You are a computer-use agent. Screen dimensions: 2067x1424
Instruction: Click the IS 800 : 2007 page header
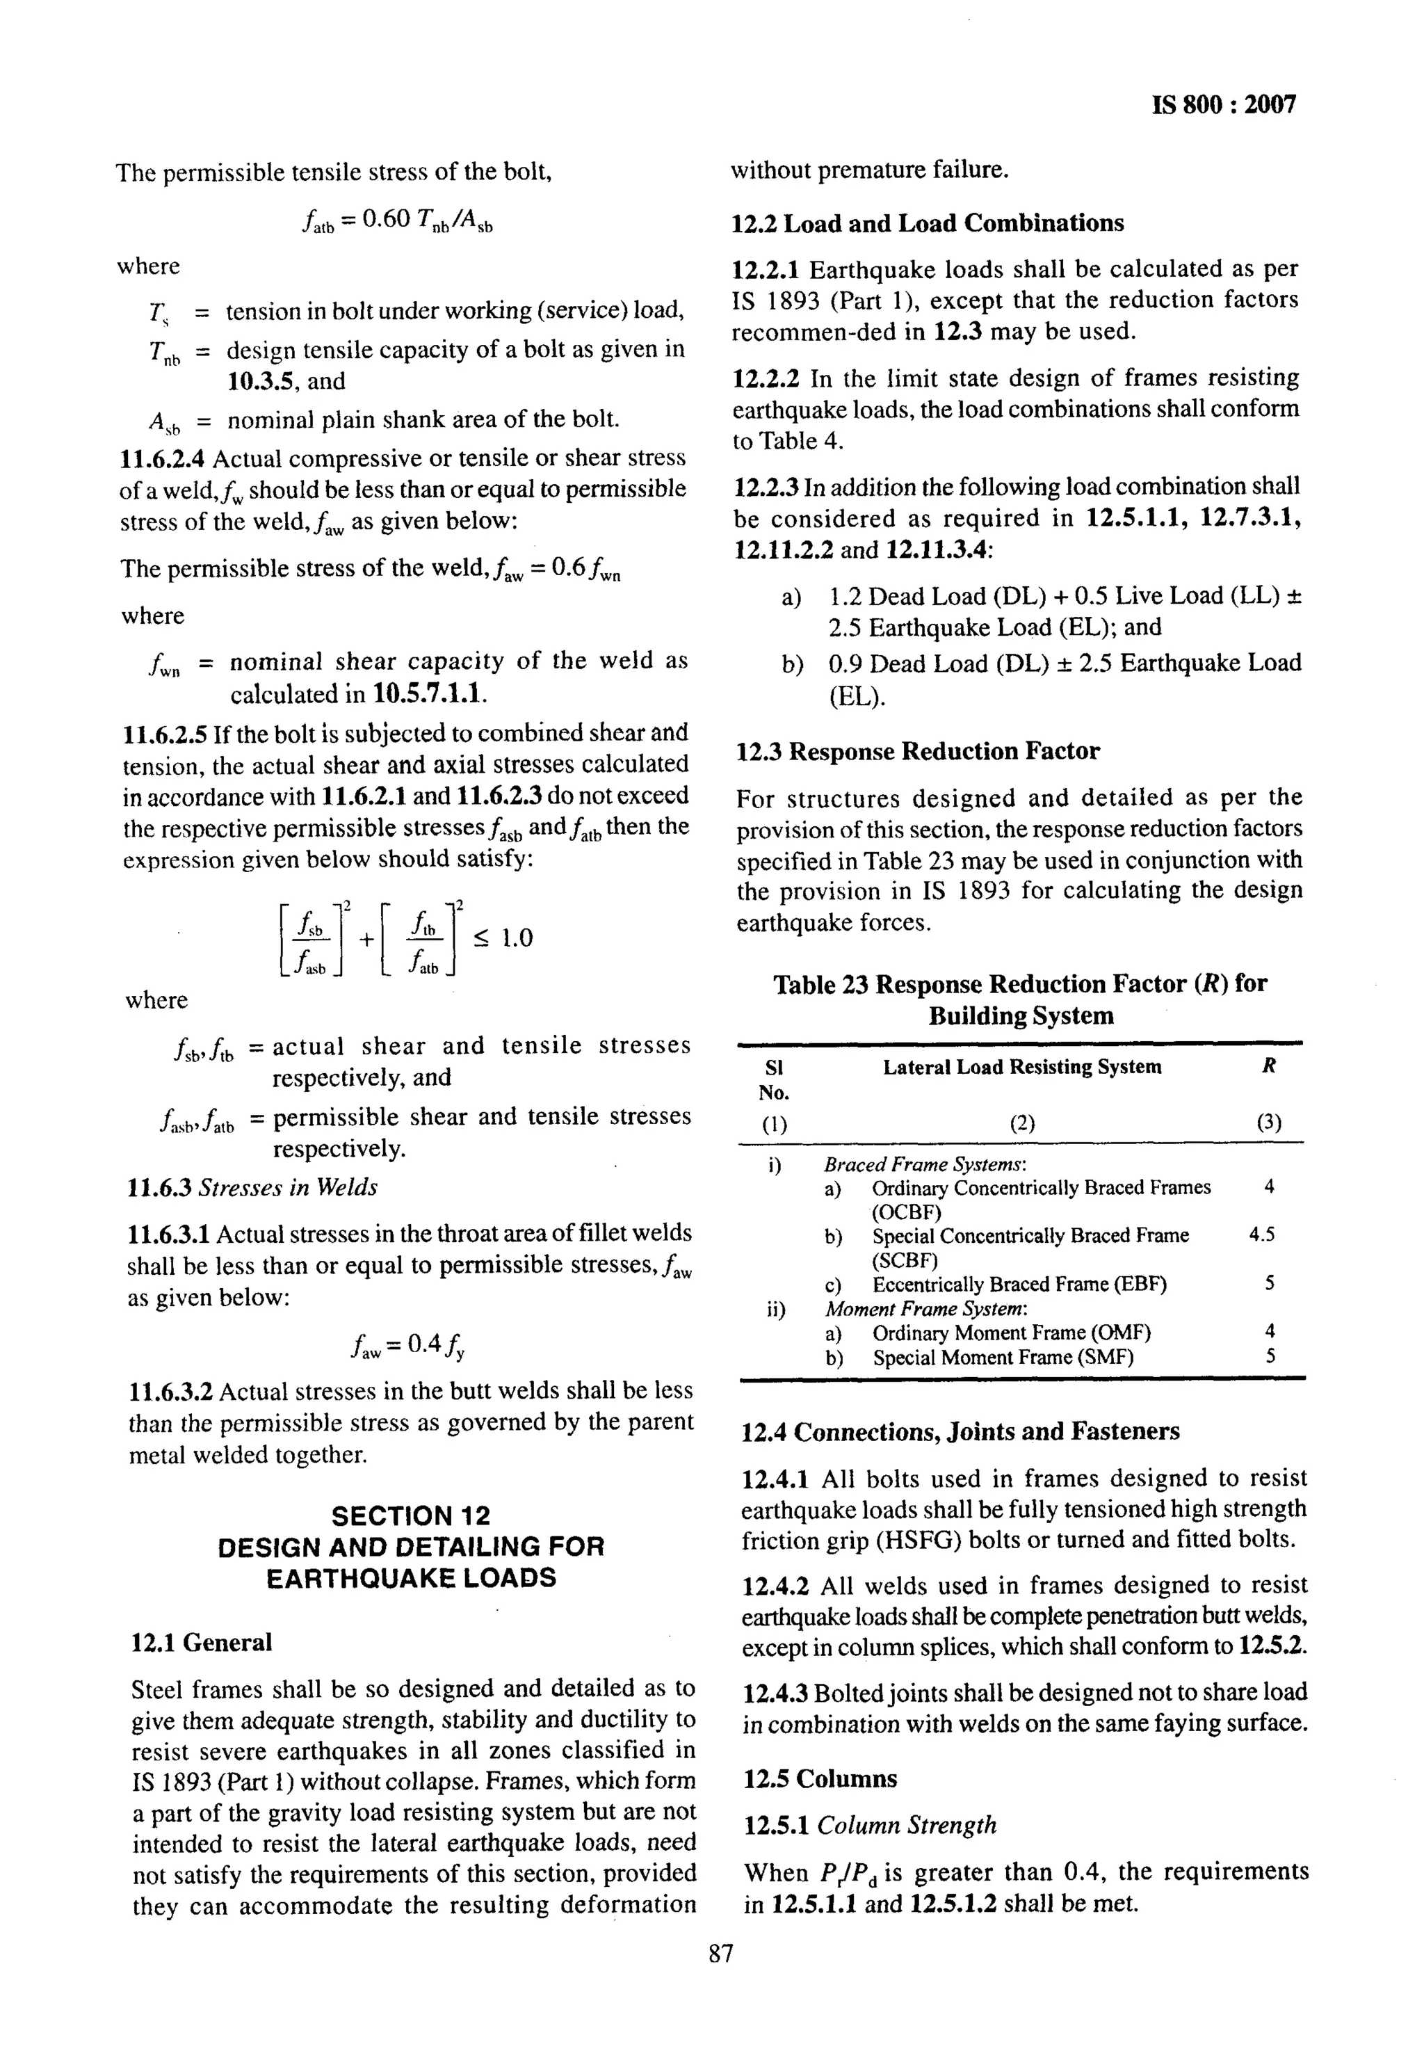click(x=1224, y=105)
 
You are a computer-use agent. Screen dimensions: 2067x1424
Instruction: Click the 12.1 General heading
click(x=202, y=1642)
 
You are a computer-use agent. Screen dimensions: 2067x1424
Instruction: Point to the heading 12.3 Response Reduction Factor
click(x=917, y=751)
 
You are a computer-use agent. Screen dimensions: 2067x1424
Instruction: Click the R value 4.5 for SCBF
click(x=1261, y=1235)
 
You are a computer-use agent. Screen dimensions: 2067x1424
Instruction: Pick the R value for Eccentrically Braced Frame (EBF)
click(x=1270, y=1283)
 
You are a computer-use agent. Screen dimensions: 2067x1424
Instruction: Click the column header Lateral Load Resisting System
click(x=1021, y=1068)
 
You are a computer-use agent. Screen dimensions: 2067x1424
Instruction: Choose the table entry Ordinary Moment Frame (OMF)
click(x=1011, y=1333)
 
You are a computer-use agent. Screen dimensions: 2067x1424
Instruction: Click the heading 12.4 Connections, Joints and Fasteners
click(x=960, y=1431)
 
